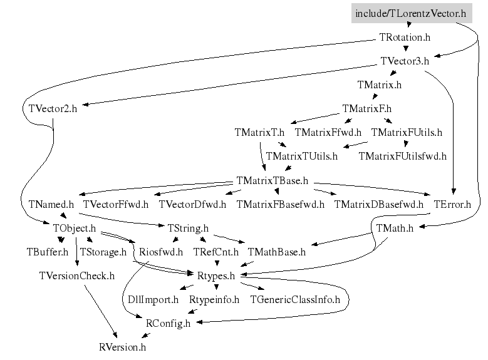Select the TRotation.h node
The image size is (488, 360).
405,38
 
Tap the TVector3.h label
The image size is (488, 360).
405,61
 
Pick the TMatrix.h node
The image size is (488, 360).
379,85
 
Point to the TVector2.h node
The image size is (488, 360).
53,108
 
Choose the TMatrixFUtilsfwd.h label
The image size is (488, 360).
402,156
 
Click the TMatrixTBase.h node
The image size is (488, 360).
273,180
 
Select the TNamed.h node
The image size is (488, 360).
51,204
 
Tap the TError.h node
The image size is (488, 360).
452,204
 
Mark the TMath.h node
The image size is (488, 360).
395,229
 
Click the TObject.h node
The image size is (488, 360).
74,228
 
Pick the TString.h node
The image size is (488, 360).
188,228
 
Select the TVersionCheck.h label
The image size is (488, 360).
76,275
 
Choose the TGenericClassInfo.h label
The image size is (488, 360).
294,300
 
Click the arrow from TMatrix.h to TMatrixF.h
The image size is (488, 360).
372,96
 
